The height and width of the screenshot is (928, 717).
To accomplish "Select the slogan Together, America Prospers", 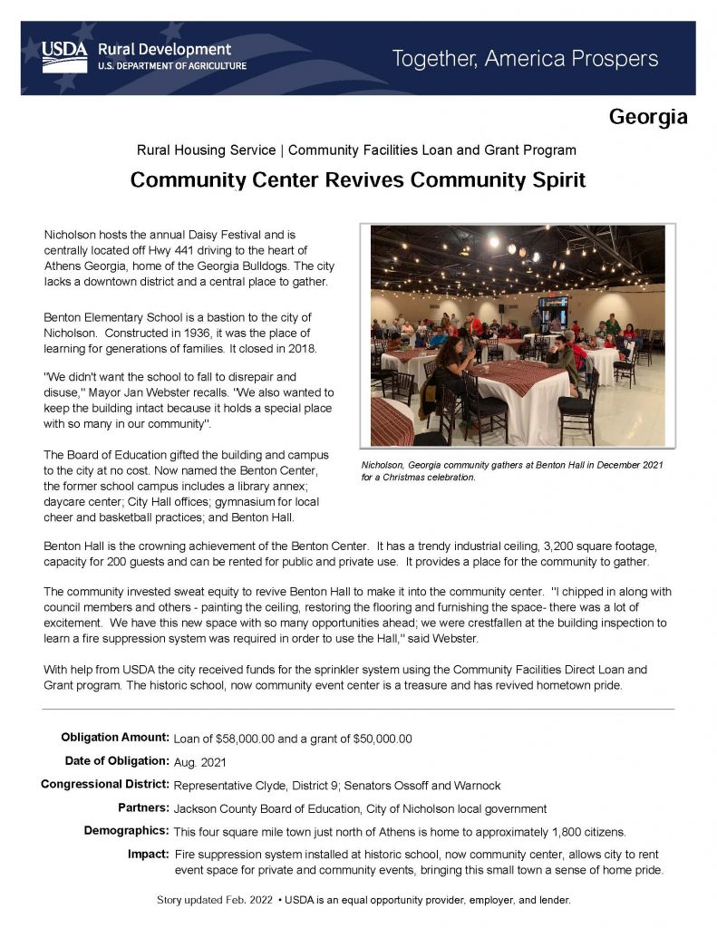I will (x=525, y=60).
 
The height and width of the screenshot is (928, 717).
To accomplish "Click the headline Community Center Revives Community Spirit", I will (x=358, y=179).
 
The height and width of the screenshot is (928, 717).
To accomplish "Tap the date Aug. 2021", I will (x=199, y=761).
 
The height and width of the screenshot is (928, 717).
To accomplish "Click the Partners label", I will (x=142, y=807).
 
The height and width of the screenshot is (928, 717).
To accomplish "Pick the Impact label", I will (x=150, y=855).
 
